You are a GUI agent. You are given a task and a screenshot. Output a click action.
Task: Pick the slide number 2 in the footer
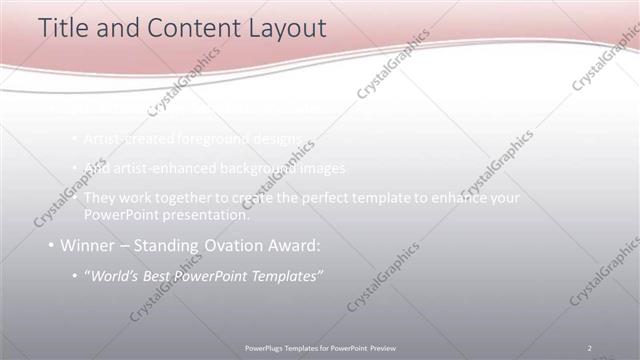point(589,347)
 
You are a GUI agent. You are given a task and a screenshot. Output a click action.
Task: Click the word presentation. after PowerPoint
point(207,214)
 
